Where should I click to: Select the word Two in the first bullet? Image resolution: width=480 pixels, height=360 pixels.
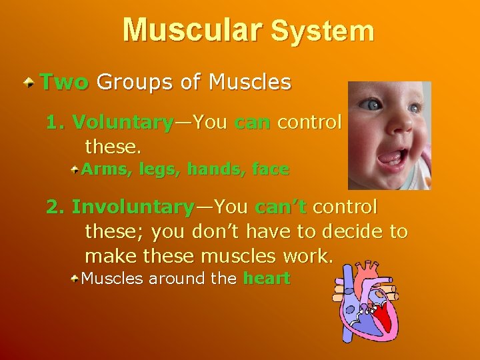tap(64, 83)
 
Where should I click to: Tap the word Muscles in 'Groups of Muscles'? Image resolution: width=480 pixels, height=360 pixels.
tap(249, 83)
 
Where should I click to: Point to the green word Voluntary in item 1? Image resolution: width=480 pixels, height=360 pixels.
tap(123, 123)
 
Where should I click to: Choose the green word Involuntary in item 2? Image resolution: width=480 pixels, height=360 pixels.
tap(132, 207)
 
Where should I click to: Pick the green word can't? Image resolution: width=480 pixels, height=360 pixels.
tap(280, 207)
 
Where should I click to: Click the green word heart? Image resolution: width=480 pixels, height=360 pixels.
tap(267, 279)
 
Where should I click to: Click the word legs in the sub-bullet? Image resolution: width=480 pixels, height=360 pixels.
tap(157, 171)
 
